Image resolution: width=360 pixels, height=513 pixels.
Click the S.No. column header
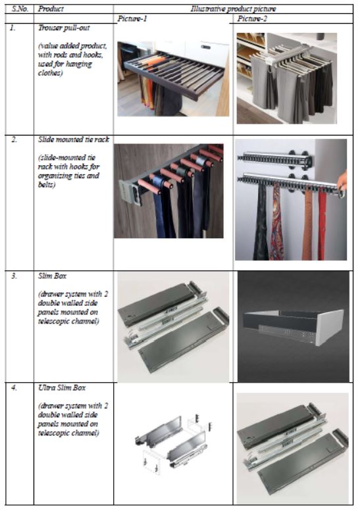pyautogui.click(x=20, y=9)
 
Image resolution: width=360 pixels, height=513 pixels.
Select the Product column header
pyautogui.click(x=51, y=9)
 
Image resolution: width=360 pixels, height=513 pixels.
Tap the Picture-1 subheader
pyautogui.click(x=132, y=18)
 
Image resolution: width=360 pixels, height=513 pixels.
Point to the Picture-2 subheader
pyautogui.click(x=252, y=18)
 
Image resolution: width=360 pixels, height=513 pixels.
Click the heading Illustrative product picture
pyautogui.click(x=234, y=9)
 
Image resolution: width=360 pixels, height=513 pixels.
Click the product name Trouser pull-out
pyautogui.click(x=64, y=28)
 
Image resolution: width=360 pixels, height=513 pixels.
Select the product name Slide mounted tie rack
pyautogui.click(x=74, y=139)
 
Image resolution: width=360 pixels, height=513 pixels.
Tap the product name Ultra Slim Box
pyautogui.click(x=62, y=388)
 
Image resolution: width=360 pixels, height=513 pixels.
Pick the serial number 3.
pyautogui.click(x=14, y=276)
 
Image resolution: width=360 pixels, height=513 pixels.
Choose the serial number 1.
pyautogui.click(x=13, y=28)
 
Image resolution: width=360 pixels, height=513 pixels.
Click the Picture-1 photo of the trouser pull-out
pyautogui.click(x=173, y=78)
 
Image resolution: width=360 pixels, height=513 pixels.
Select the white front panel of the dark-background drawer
pyautogui.click(x=330, y=327)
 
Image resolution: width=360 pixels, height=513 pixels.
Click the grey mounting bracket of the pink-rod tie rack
pyautogui.click(x=131, y=192)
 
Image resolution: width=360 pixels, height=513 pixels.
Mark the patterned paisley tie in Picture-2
pyautogui.click(x=277, y=222)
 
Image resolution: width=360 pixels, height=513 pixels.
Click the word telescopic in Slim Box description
pyautogui.click(x=53, y=321)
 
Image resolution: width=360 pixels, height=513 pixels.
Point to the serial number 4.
pyautogui.click(x=14, y=388)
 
